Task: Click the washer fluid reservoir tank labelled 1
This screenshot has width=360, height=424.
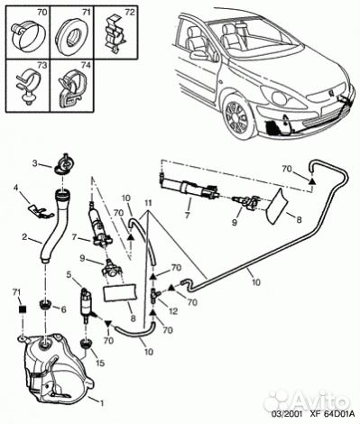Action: point(57,368)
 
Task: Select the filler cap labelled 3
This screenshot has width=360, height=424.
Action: point(63,164)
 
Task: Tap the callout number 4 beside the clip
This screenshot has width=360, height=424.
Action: point(16,189)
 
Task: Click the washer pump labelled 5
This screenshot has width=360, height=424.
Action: point(87,305)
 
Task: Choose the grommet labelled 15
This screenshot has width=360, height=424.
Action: point(86,344)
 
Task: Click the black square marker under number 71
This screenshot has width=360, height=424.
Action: point(23,309)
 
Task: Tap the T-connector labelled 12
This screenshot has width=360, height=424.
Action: point(154,293)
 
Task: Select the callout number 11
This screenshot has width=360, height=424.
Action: point(147,204)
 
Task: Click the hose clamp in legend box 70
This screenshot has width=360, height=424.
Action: point(28,34)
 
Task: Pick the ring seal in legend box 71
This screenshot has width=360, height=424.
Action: point(71,33)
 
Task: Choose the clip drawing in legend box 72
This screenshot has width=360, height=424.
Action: point(115,35)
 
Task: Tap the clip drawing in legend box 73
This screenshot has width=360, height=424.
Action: point(28,86)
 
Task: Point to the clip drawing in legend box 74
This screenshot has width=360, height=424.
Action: point(72,88)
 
